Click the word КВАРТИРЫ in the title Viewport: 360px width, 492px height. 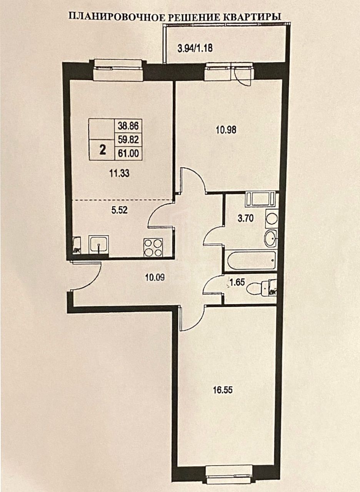tap(252, 17)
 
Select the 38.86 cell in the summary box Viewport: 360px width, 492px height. tap(128, 126)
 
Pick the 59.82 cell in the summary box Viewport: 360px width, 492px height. tap(128, 140)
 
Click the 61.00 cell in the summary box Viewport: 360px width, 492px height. tap(128, 153)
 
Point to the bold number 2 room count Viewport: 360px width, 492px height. tap(102, 151)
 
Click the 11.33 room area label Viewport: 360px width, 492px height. tap(119, 174)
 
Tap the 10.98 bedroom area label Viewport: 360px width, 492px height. tap(226, 130)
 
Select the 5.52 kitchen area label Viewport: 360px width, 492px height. tap(120, 210)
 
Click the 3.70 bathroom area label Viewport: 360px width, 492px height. tap(246, 218)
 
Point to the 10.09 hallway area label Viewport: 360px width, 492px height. tap(155, 278)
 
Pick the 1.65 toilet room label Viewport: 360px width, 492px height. tap(237, 282)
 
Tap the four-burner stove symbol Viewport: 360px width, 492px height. tap(153, 248)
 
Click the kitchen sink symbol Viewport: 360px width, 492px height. tap(99, 244)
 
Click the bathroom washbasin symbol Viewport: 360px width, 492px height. tap(271, 238)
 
